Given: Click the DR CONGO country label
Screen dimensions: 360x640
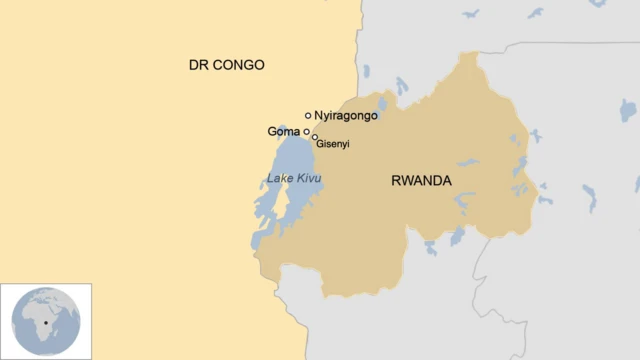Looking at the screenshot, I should (x=227, y=65).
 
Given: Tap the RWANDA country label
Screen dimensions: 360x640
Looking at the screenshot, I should (x=420, y=181).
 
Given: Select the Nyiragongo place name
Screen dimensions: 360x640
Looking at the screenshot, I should (x=346, y=116).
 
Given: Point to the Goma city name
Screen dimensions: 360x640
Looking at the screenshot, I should (x=284, y=131).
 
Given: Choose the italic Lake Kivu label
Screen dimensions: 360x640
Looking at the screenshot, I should (x=294, y=179).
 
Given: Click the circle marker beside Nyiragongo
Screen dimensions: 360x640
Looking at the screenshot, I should (x=308, y=116).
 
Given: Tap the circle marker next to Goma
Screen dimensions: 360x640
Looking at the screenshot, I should (x=307, y=131).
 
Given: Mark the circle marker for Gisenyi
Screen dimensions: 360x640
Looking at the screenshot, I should (x=314, y=138).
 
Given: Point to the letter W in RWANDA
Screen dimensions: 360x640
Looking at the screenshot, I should (x=406, y=181).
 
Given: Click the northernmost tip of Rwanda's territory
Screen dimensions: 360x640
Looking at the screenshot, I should (x=467, y=54).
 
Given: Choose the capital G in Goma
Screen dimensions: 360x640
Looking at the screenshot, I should (x=272, y=131).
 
